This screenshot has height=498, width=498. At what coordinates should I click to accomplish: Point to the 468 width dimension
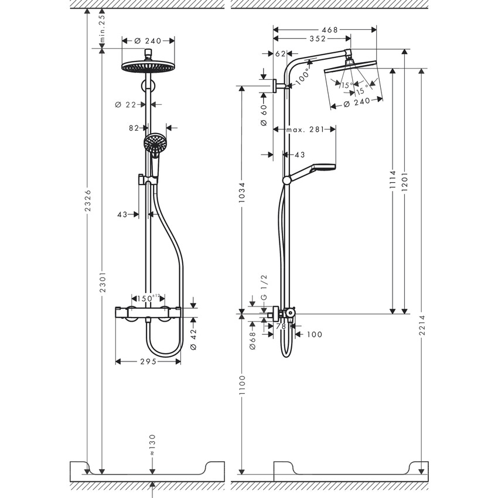(x=329, y=29)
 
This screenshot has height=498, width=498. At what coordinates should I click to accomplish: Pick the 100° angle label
(x=303, y=76)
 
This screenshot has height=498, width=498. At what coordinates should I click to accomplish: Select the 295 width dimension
(x=148, y=361)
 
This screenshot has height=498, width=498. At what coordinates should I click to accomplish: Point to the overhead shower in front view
(x=148, y=66)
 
